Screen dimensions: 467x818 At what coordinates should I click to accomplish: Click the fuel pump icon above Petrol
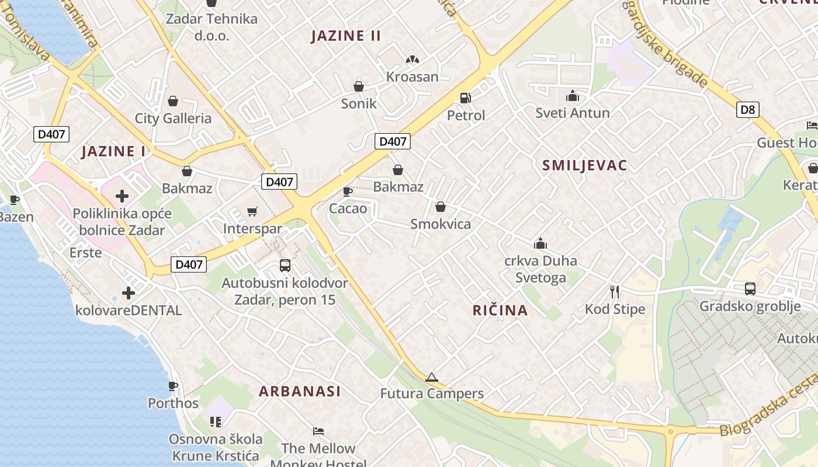pos(466,98)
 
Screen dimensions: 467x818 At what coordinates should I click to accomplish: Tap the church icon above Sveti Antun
pos(573,95)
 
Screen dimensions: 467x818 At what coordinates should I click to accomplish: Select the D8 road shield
pos(747,109)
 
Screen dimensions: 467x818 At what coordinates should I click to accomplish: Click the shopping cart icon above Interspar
pos(252,211)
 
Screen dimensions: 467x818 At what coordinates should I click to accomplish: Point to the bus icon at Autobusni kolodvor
pos(285,266)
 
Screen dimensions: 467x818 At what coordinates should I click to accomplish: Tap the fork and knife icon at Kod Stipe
pos(615,291)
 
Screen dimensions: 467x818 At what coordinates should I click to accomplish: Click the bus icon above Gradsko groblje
pos(750,288)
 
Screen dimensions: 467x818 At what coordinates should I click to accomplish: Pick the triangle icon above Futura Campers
pos(432,377)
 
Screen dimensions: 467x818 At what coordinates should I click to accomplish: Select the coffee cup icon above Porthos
pos(173,386)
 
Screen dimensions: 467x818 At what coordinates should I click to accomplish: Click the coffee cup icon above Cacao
pos(348,191)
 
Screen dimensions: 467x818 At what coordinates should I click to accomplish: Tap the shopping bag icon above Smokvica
pos(441,207)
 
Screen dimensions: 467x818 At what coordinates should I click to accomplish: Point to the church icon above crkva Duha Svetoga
pos(540,243)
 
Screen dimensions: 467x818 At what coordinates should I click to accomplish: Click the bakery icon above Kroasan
pos(412,60)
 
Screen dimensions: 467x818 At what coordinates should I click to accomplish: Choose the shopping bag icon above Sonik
pos(359,86)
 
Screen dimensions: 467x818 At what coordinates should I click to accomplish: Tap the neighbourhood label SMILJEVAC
pos(584,165)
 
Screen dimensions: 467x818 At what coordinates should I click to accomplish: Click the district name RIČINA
pos(500,311)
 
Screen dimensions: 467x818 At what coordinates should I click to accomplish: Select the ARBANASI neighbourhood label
pos(300,391)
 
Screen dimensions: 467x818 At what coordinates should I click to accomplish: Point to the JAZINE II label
pos(346,36)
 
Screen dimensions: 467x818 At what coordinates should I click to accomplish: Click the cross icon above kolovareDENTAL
pos(129,292)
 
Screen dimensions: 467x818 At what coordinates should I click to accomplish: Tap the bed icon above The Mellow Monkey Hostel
pos(318,431)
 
